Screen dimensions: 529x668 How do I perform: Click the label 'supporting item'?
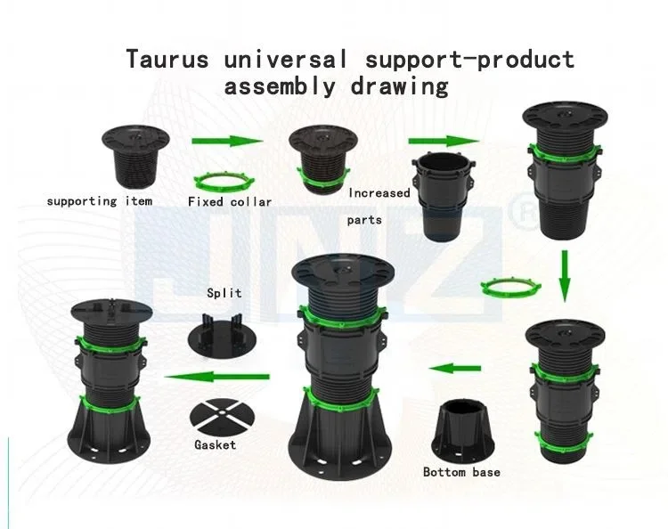pos(100,201)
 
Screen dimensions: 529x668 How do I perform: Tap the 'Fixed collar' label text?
pos(230,202)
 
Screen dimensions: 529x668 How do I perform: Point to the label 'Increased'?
pos(379,193)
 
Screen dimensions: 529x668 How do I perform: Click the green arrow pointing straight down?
pos(563,277)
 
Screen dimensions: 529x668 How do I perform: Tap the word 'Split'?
pos(224,293)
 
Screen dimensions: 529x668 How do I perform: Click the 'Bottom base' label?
pos(461,472)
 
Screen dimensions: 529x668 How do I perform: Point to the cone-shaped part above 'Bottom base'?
pos(463,432)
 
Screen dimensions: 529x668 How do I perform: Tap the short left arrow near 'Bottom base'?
pos(452,368)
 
